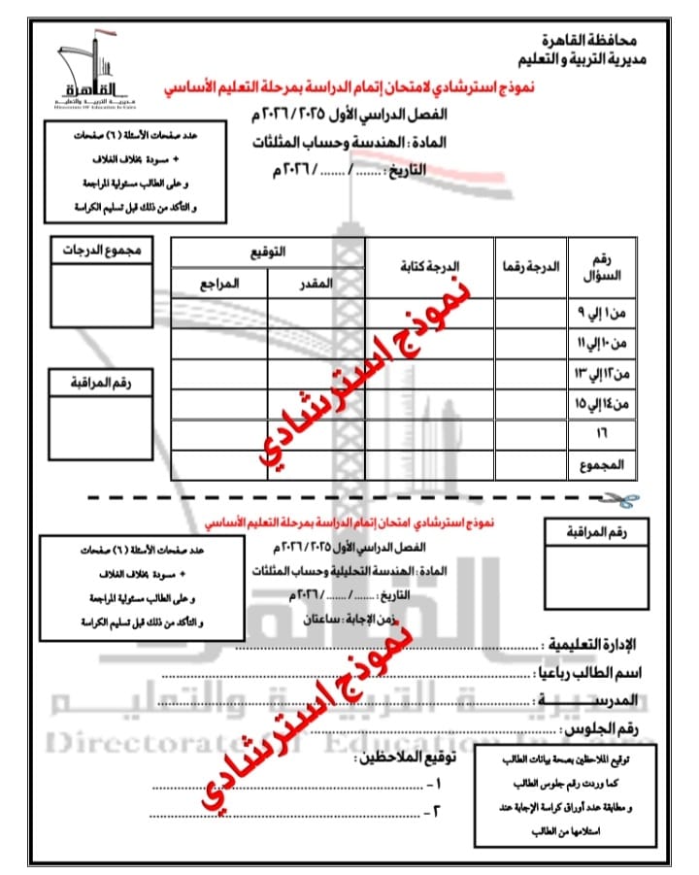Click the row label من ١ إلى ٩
tap(604, 315)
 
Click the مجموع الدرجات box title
tap(101, 250)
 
